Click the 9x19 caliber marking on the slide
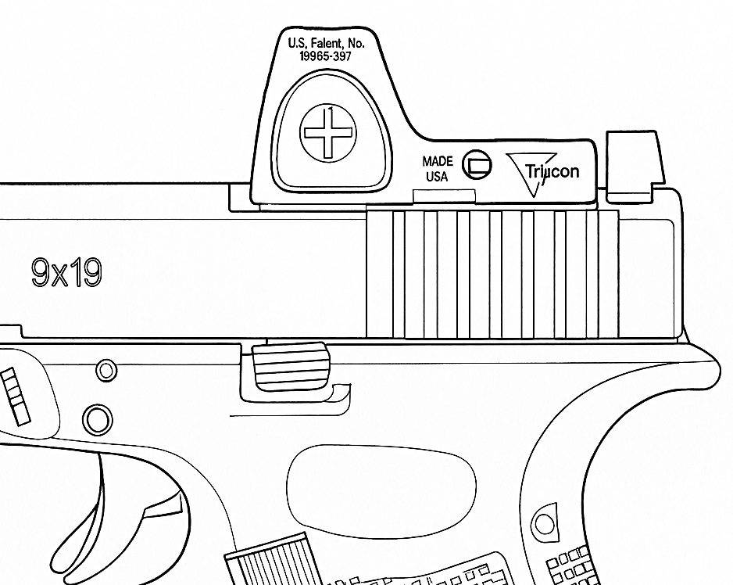[x=66, y=273]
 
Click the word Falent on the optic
[x=334, y=44]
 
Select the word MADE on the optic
[x=438, y=161]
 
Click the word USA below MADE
[x=437, y=177]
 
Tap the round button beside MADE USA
[x=477, y=163]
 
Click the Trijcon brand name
[x=552, y=170]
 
